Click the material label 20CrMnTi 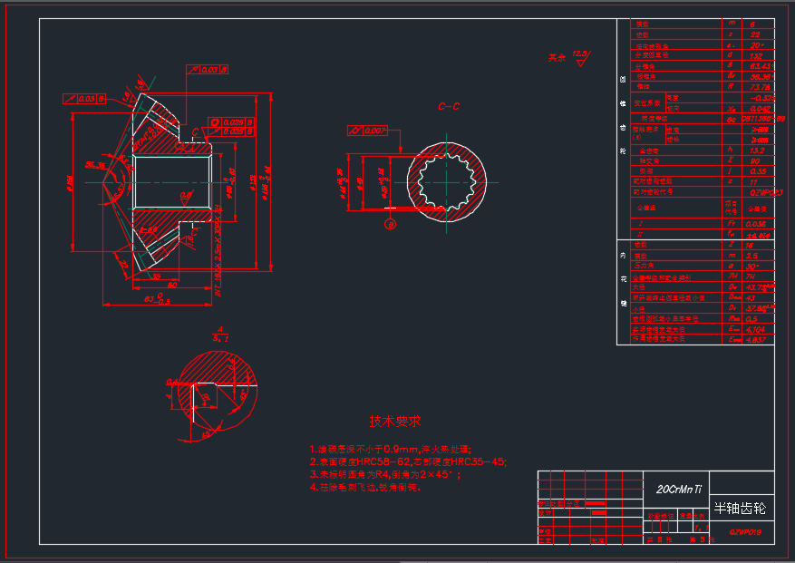(x=679, y=489)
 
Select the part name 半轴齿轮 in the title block (x=739, y=509)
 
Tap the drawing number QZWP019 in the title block (x=744, y=532)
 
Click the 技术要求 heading (x=394, y=422)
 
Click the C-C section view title (x=449, y=106)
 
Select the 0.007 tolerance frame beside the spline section (x=367, y=131)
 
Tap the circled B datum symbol (x=391, y=223)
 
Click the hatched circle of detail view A (x=218, y=392)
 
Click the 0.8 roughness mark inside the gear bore (x=184, y=194)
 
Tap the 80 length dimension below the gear (x=171, y=286)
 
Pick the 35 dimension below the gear (x=156, y=277)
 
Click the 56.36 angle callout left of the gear (x=92, y=164)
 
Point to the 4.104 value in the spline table (x=759, y=330)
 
